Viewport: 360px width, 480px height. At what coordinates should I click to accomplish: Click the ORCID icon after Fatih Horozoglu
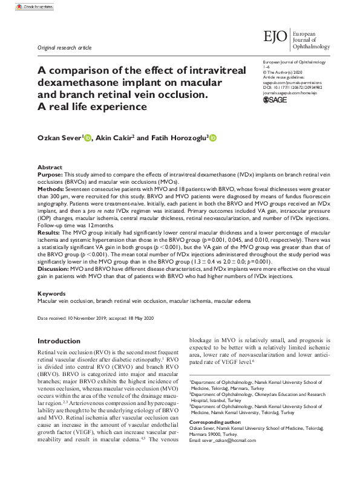tap(212, 138)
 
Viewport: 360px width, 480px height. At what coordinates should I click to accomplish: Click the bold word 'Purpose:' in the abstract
tap(50, 174)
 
